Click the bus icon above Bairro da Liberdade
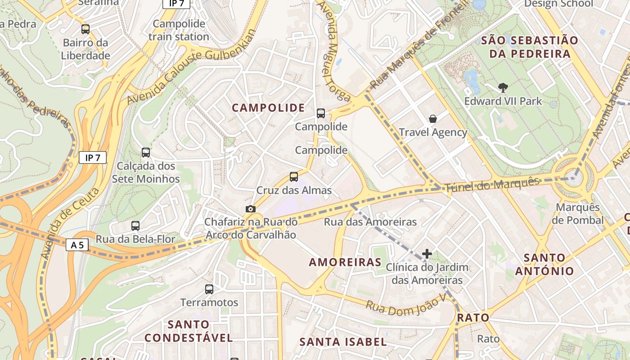pyautogui.click(x=85, y=29)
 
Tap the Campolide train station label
pyautogui.click(x=179, y=30)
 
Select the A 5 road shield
pyautogui.click(x=77, y=245)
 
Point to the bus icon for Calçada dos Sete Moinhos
pyautogui.click(x=146, y=153)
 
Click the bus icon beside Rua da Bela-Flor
pyautogui.click(x=135, y=226)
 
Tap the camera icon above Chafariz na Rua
pyautogui.click(x=251, y=209)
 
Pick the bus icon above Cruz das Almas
pyautogui.click(x=294, y=177)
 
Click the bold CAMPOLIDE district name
pyautogui.click(x=268, y=108)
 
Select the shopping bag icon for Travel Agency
pyautogui.click(x=433, y=119)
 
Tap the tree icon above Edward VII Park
pyautogui.click(x=503, y=88)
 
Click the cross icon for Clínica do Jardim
pyautogui.click(x=427, y=254)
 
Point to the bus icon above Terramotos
pyautogui.click(x=209, y=289)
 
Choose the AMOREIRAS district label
pyautogui.click(x=345, y=262)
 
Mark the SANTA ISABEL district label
pyautogui.click(x=343, y=342)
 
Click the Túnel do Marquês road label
pyautogui.click(x=491, y=185)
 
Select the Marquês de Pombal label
pyautogui.click(x=578, y=214)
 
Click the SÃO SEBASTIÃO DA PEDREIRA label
pyautogui.click(x=530, y=47)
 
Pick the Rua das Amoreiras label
pyautogui.click(x=370, y=222)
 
